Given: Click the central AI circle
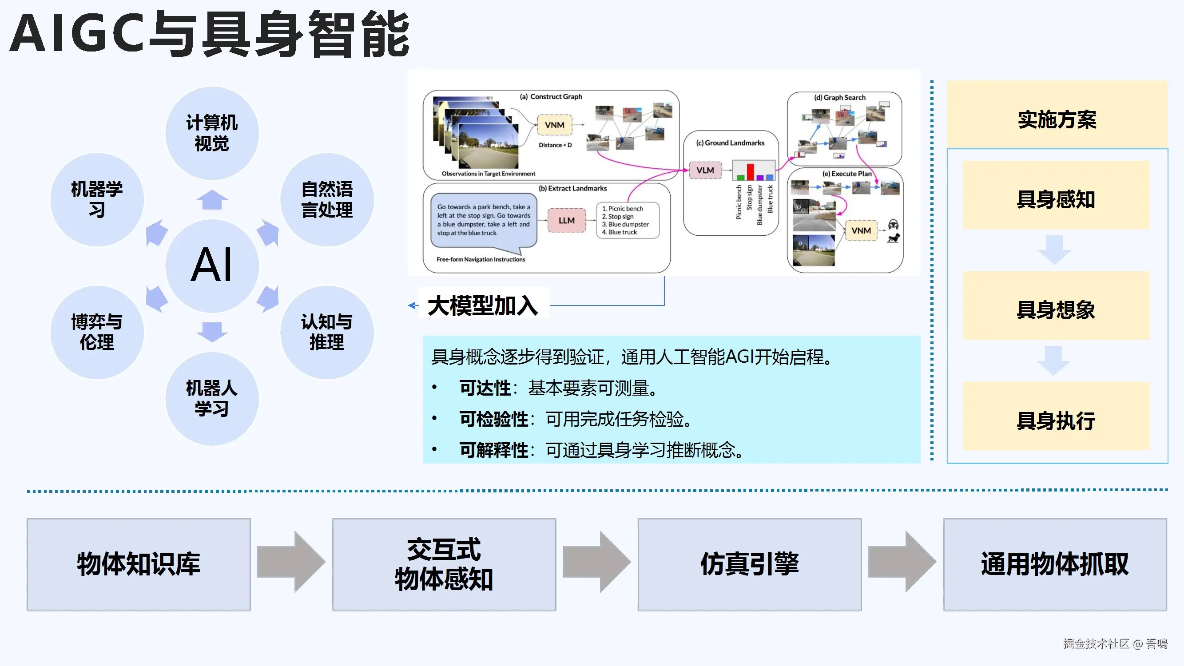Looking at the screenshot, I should (x=212, y=265).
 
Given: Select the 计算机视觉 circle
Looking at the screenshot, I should (x=212, y=133).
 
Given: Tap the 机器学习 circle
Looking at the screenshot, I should (x=97, y=199).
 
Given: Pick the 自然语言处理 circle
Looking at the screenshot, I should (x=327, y=199).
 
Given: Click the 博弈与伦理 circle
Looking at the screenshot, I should (x=97, y=332).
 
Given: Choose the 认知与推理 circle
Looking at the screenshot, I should (x=327, y=332).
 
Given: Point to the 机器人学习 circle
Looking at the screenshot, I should (x=212, y=398).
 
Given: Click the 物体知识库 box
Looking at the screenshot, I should (x=139, y=564).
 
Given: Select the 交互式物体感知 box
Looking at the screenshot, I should (x=444, y=564).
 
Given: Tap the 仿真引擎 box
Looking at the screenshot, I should (x=749, y=564).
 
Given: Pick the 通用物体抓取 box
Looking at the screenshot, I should (x=1055, y=564).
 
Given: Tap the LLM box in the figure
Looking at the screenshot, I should (x=567, y=221).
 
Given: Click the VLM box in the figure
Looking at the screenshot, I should (x=705, y=170).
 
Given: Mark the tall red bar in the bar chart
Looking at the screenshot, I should (x=750, y=172).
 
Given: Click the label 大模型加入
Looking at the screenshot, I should (x=483, y=305).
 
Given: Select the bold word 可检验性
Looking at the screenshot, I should (x=494, y=419).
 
